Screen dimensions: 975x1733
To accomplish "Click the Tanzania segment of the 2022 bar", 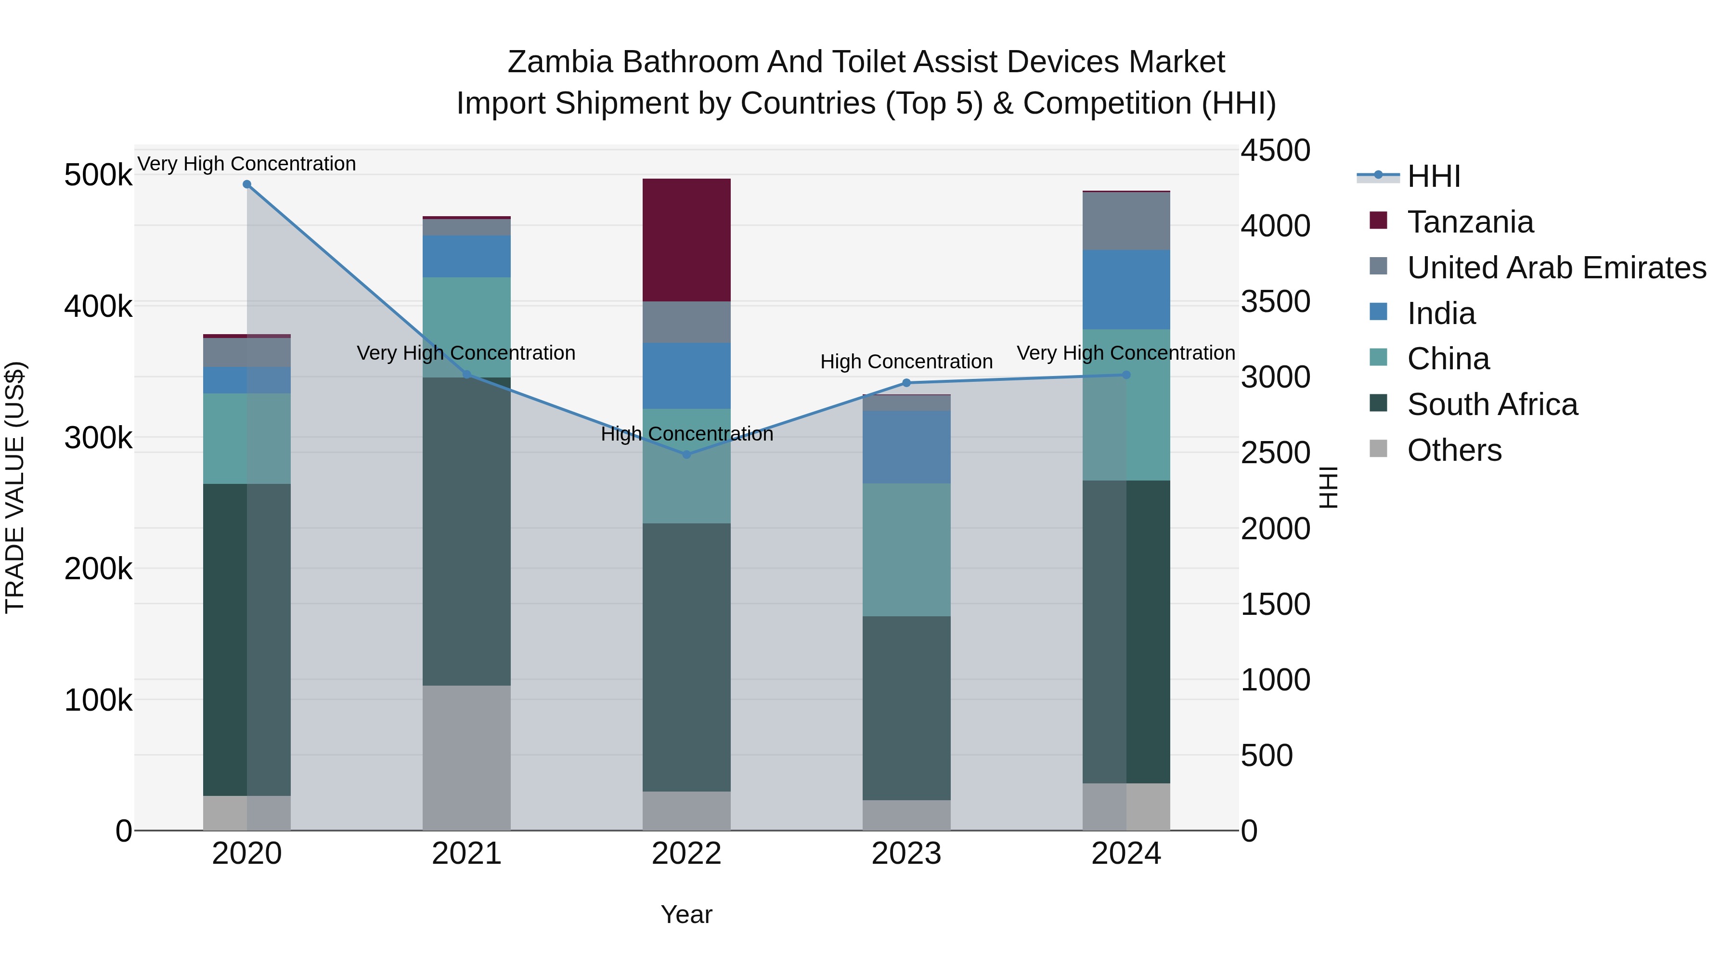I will point(686,240).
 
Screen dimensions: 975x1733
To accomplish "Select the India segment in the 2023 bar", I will point(906,447).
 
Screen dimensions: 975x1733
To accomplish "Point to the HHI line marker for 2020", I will point(247,184).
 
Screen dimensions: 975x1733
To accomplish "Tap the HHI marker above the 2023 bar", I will point(906,383).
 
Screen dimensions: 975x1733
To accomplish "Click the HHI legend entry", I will point(1433,176).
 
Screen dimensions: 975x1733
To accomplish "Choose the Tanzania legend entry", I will point(1470,222).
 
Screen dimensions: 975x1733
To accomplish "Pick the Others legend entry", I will point(1453,450).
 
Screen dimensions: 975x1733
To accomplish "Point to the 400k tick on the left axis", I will point(98,307).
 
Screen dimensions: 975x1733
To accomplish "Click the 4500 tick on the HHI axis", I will point(1275,150).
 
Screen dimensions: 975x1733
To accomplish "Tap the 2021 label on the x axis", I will point(466,854).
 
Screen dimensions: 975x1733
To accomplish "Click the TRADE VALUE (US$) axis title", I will point(15,487).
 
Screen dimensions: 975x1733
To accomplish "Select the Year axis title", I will point(686,914).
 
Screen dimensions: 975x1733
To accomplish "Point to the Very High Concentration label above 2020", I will point(247,164).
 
